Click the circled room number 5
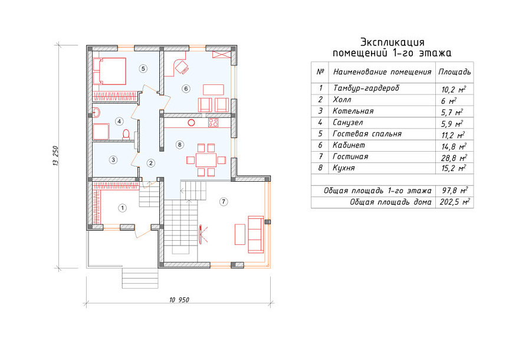[x=143, y=68]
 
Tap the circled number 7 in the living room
[x=224, y=202]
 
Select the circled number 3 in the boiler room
[x=113, y=160]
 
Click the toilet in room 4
[x=126, y=135]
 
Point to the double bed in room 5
[x=109, y=71]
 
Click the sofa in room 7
[x=256, y=234]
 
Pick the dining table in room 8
[x=206, y=160]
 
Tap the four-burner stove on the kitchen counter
[x=214, y=123]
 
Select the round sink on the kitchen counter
[x=191, y=123]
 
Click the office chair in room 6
[x=182, y=67]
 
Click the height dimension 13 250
[x=56, y=156]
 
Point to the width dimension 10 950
[x=179, y=300]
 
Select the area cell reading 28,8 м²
[x=454, y=158]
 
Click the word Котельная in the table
[x=353, y=111]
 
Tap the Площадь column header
[x=455, y=72]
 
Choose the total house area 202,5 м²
[x=455, y=202]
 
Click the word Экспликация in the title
[x=392, y=42]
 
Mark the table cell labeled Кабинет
[x=349, y=145]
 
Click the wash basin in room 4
[x=96, y=113]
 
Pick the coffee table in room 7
[x=240, y=234]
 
